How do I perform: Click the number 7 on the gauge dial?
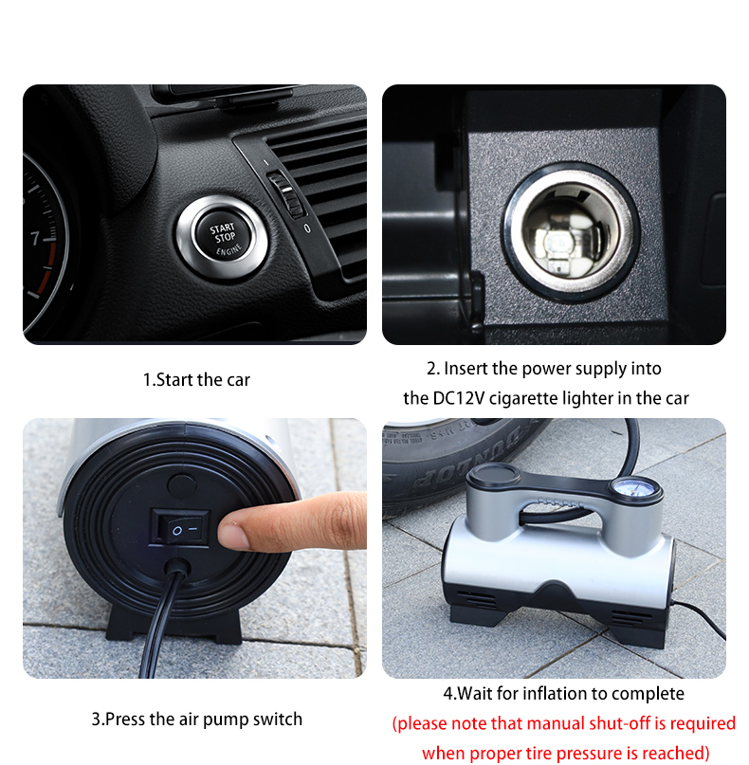coord(35,238)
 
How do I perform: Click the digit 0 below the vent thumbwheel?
coord(307,228)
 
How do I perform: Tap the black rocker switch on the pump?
coord(180,528)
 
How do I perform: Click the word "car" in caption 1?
coord(238,380)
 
